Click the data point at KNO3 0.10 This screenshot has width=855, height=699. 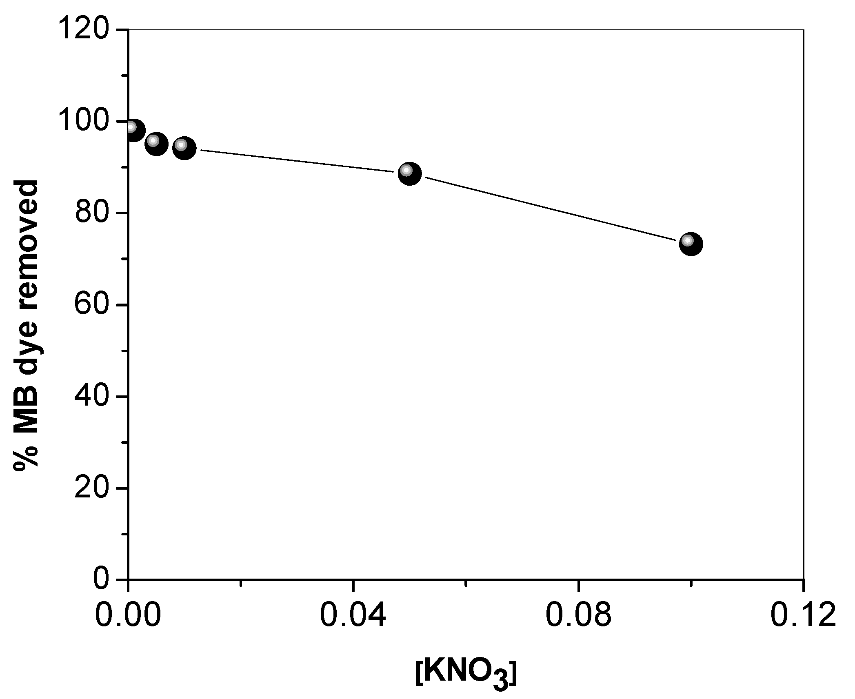point(691,244)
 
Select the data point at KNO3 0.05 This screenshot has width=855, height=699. point(409,174)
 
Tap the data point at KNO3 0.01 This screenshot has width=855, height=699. point(184,148)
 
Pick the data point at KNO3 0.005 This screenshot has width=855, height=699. point(156,144)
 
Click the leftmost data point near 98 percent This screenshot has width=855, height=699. point(133,130)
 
